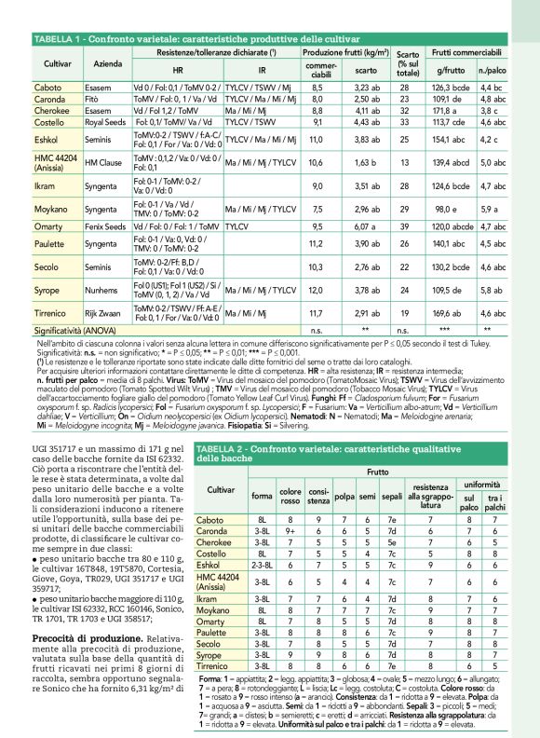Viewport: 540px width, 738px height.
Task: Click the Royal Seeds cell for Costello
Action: coord(105,121)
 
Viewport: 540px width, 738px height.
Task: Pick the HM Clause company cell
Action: coord(103,161)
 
